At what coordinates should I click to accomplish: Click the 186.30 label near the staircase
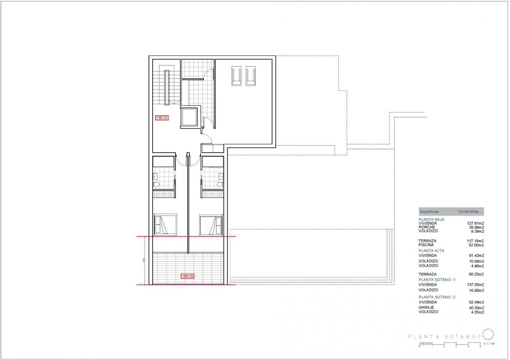pos(162,118)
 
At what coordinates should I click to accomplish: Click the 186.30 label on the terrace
pos(187,276)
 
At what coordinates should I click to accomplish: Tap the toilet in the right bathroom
pos(219,185)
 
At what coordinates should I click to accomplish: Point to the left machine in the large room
pos(236,76)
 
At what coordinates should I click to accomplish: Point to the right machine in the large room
pos(250,76)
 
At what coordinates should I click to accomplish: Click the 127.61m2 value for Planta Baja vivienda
pos(475,223)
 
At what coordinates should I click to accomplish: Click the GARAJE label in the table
pos(426,308)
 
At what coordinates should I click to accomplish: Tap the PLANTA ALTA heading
pos(431,251)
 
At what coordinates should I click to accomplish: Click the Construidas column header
pos(468,211)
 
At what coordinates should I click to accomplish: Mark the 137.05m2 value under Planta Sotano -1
pos(475,285)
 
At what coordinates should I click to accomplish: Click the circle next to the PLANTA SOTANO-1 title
pos(488,334)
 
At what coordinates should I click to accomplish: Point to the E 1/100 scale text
pos(489,344)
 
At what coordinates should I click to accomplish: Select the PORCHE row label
pos(427,227)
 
